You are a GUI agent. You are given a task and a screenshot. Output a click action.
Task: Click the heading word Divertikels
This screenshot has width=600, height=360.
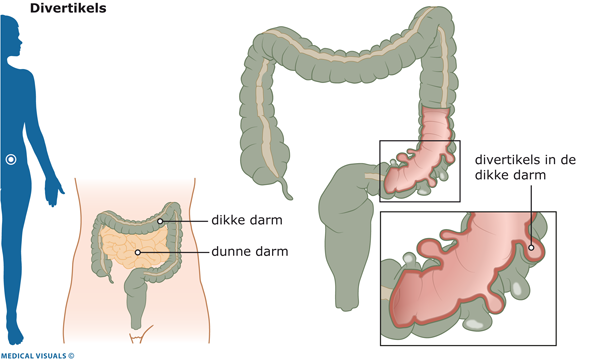coord(68,8)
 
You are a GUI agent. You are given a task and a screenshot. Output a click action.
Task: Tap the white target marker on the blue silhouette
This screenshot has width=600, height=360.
coord(11,159)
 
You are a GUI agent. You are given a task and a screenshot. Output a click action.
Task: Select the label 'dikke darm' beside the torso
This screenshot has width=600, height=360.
coord(247,220)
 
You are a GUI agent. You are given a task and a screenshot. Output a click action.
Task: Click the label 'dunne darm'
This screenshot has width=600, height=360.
coord(249,252)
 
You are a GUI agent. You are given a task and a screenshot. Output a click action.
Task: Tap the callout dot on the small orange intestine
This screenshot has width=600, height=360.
coord(138,252)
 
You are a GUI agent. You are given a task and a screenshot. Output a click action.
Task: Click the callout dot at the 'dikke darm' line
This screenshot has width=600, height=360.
coord(160,221)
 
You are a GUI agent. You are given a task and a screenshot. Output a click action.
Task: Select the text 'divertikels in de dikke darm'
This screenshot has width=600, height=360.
coord(525,167)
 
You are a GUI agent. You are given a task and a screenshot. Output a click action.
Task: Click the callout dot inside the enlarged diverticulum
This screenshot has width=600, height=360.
coord(531,248)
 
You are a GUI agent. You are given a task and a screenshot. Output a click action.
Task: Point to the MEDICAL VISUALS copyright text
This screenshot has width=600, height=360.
coord(37,356)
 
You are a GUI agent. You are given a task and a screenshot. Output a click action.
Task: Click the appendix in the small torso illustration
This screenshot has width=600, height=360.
coord(111,278)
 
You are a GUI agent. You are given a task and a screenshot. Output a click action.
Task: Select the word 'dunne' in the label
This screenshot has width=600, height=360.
coord(228,252)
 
